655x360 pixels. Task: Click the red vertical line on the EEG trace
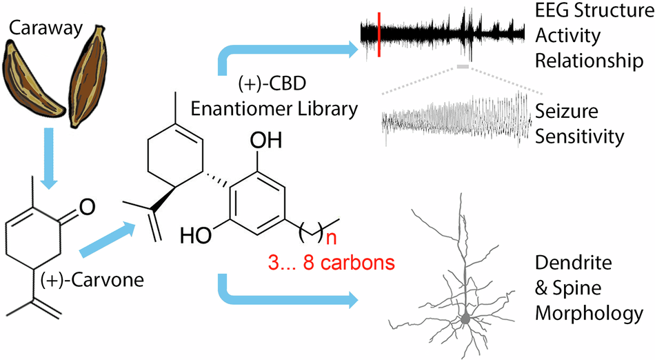pos(379,34)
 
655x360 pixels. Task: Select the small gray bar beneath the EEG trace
pos(462,67)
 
